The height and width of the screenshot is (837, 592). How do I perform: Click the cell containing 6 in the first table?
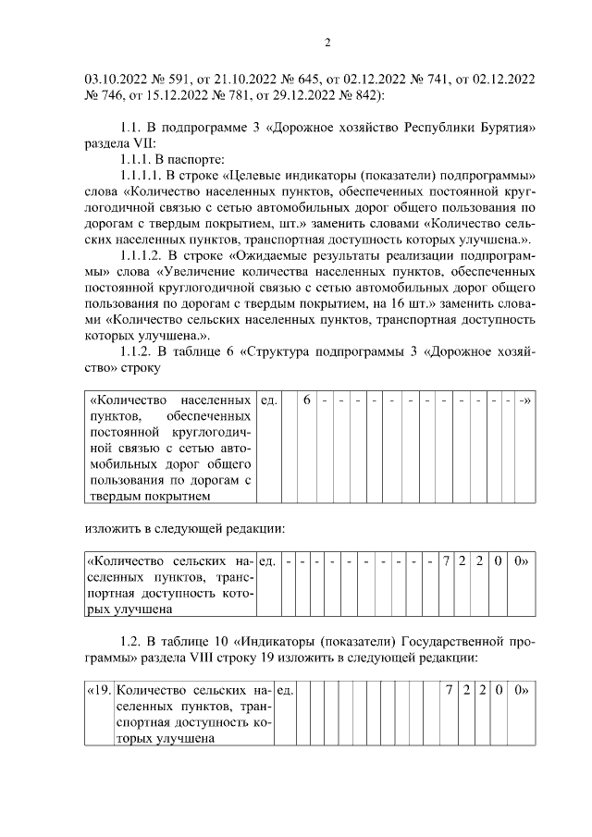click(x=307, y=400)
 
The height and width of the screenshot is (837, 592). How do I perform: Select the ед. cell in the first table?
click(x=270, y=400)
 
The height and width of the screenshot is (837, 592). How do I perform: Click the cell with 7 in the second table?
click(x=446, y=560)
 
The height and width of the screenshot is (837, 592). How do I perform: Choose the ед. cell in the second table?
click(x=268, y=560)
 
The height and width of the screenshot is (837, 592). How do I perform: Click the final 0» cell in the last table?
click(x=521, y=690)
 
